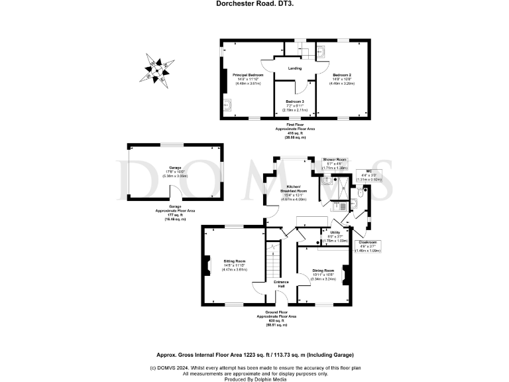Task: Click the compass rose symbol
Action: click(156, 67)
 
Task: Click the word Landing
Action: click(295, 68)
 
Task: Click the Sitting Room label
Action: click(235, 265)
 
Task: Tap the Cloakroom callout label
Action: click(370, 244)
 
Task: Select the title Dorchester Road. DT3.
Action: click(254, 3)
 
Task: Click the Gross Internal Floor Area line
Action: click(254, 355)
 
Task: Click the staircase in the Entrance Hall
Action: click(270, 255)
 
